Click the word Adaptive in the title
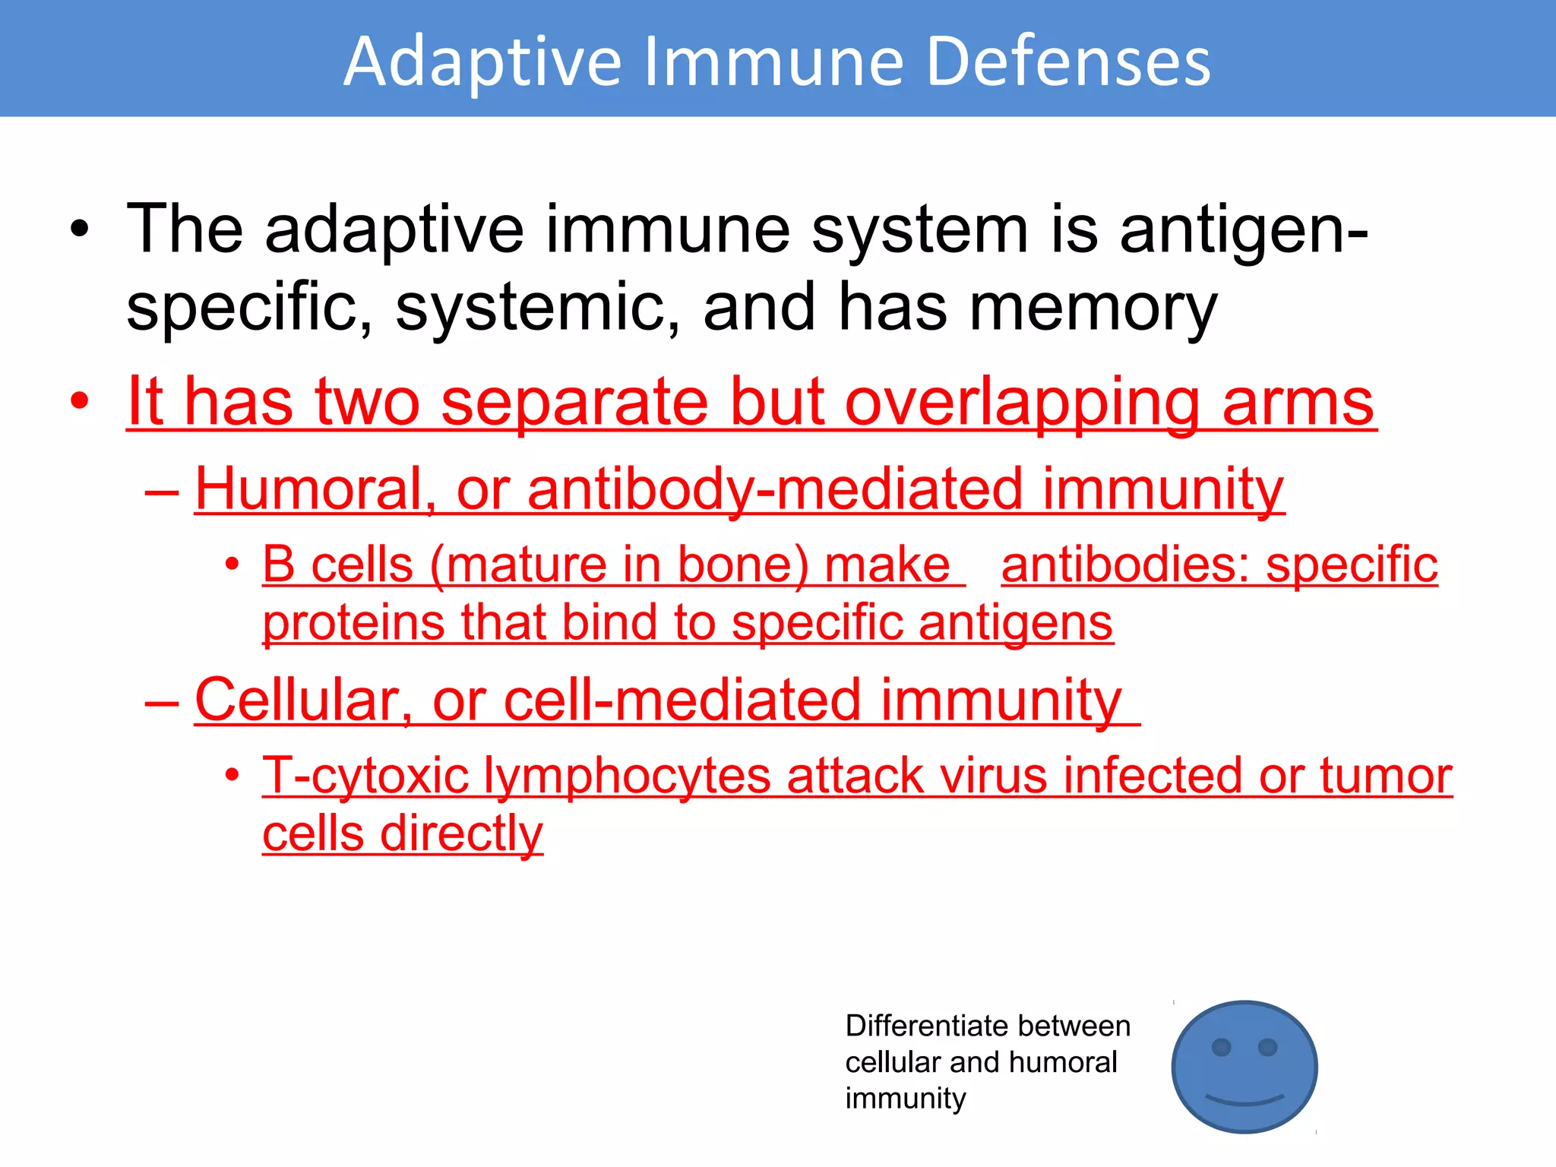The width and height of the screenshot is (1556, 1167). pyautogui.click(x=482, y=62)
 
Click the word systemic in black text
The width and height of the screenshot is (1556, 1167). pyautogui.click(x=538, y=308)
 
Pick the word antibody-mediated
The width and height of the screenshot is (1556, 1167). pyautogui.click(x=774, y=489)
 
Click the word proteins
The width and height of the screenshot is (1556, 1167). pyautogui.click(x=353, y=625)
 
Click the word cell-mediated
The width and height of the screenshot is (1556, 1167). pyautogui.click(x=682, y=701)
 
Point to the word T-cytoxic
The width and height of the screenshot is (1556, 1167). pyautogui.click(x=365, y=776)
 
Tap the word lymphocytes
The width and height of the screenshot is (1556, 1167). pyautogui.click(x=627, y=776)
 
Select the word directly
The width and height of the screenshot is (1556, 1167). pyautogui.click(x=461, y=834)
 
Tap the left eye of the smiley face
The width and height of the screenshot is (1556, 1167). pyautogui.click(x=1221, y=1047)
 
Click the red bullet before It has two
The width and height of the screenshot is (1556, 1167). pyautogui.click(x=80, y=401)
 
